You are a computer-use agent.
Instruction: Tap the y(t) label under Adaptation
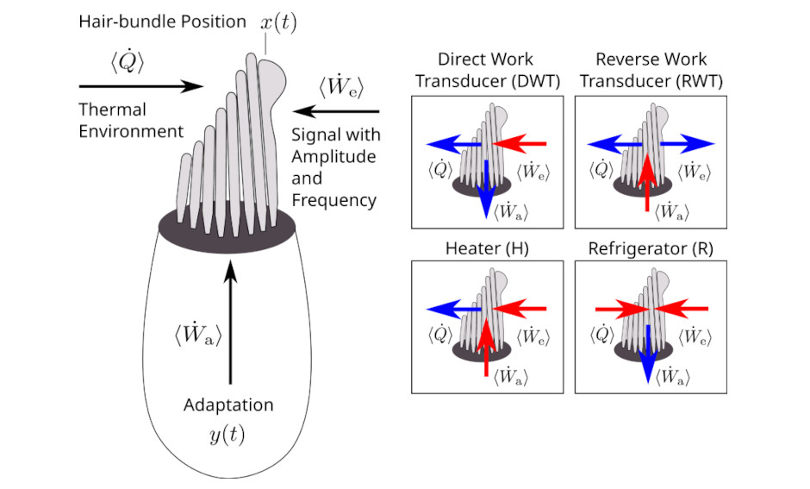(x=227, y=436)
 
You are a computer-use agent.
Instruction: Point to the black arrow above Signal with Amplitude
(x=337, y=111)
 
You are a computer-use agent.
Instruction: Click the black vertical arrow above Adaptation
(x=229, y=323)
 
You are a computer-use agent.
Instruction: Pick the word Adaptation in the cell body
(x=228, y=405)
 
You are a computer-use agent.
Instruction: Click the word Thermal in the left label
(x=113, y=110)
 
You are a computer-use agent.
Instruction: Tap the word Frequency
(x=334, y=200)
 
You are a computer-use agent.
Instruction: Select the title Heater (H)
(x=487, y=248)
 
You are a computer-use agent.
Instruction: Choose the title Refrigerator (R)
(x=651, y=248)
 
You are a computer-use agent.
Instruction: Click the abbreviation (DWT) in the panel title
(x=531, y=81)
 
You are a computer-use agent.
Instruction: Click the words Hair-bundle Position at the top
(x=162, y=22)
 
